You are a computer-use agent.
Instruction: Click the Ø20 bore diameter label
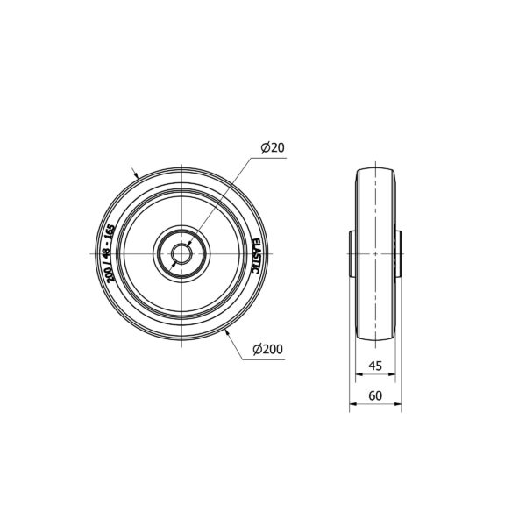pyautogui.click(x=273, y=147)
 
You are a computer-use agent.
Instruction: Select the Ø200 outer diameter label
pyautogui.click(x=268, y=349)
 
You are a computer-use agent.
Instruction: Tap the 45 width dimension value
pyautogui.click(x=375, y=366)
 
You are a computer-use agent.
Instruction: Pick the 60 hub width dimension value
pyautogui.click(x=375, y=396)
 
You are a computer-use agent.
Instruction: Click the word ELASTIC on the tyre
pyautogui.click(x=256, y=256)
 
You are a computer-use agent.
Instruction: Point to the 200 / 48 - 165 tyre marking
pyautogui.click(x=110, y=253)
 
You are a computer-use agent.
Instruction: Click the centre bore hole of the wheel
pyautogui.click(x=181, y=253)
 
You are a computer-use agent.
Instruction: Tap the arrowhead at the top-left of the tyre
pyautogui.click(x=136, y=174)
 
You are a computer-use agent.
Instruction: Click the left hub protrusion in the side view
pyautogui.click(x=352, y=253)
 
